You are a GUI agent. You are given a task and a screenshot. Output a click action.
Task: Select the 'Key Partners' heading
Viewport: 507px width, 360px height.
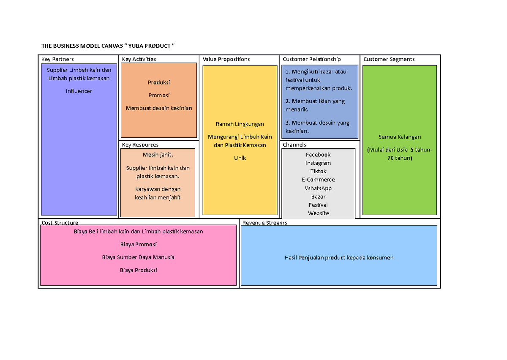57,59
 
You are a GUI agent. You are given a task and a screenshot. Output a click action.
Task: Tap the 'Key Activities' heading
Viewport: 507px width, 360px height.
139,59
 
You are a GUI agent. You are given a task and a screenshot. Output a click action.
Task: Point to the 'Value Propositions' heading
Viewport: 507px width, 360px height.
226,59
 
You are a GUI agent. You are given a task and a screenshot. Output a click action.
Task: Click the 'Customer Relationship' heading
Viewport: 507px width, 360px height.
312,59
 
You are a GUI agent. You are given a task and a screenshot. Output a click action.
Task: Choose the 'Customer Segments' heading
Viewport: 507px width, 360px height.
389,59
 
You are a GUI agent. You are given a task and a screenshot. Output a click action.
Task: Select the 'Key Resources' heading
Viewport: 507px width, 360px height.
140,145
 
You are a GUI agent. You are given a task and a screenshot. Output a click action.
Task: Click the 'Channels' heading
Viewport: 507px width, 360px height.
294,145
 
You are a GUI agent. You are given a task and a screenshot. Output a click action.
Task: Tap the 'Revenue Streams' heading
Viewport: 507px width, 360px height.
264,223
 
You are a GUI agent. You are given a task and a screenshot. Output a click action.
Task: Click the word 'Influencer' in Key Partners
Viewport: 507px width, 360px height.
79,91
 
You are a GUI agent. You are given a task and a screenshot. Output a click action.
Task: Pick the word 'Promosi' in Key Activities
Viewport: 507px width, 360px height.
159,95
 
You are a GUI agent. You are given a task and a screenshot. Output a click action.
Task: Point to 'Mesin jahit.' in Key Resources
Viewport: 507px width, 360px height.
158,155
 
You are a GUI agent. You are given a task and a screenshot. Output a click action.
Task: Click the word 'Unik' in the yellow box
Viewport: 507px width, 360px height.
240,158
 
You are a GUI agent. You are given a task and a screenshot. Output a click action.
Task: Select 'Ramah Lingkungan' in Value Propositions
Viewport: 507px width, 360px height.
240,124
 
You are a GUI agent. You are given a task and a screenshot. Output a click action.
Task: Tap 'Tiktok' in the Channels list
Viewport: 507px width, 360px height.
319,172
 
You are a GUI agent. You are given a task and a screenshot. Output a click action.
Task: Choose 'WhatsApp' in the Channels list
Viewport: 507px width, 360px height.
319,188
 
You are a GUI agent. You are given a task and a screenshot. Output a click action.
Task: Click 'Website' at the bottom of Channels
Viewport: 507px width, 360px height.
319,213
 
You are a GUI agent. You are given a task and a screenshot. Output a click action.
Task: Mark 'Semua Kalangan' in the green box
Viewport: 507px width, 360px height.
400,137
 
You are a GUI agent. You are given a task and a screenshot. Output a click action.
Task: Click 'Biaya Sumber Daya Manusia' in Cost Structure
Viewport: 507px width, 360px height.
138,257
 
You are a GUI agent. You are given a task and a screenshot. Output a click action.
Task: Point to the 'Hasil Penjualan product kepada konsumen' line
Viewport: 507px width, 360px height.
339,258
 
